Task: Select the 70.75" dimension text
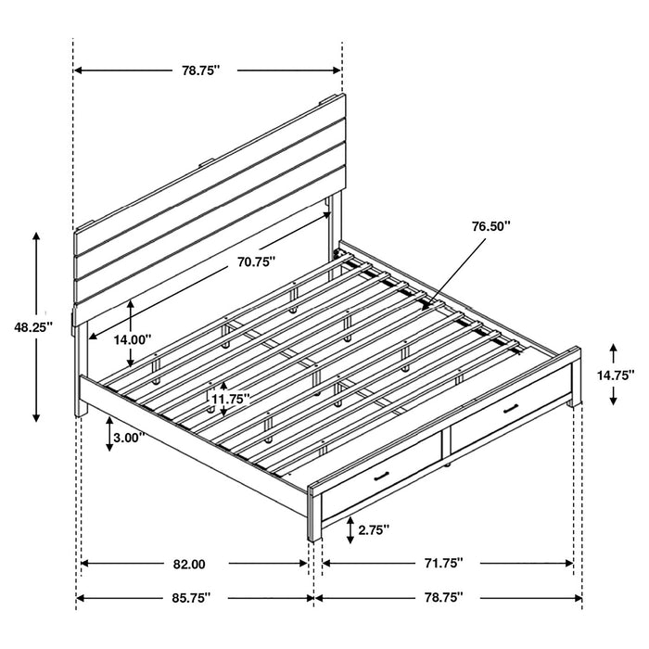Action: (x=256, y=262)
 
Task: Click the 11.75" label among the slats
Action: (x=233, y=401)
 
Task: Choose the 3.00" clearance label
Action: (x=126, y=438)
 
